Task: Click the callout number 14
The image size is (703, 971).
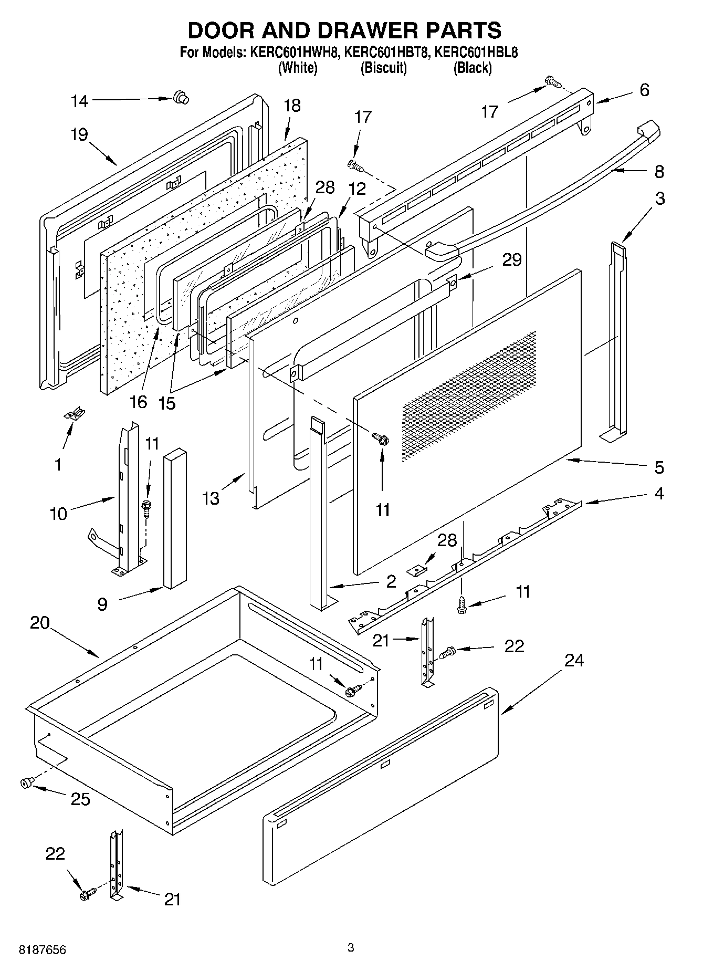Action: tap(80, 101)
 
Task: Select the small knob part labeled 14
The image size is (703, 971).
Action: tap(181, 98)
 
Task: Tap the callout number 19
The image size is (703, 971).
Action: tap(79, 135)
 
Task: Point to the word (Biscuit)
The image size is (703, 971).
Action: tap(384, 68)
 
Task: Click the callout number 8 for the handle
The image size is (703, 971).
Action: tap(659, 172)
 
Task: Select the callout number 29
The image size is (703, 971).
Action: tap(511, 260)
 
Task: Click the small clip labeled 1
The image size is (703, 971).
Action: tap(75, 414)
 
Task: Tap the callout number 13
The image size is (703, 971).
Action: tap(211, 498)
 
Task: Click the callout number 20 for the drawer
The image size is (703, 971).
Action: tap(40, 623)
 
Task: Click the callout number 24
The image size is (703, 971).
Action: tap(574, 660)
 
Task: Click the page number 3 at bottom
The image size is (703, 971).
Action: tap(351, 947)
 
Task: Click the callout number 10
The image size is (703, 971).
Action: tap(59, 513)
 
